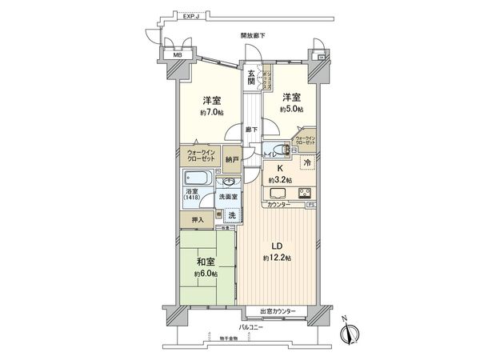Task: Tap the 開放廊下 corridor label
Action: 253,36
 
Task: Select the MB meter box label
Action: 167,56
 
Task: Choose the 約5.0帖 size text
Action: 291,109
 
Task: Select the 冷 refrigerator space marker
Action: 308,162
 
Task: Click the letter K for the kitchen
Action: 280,169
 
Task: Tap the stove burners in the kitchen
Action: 306,193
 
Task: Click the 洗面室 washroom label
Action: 231,196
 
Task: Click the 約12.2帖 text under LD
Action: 275,258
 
